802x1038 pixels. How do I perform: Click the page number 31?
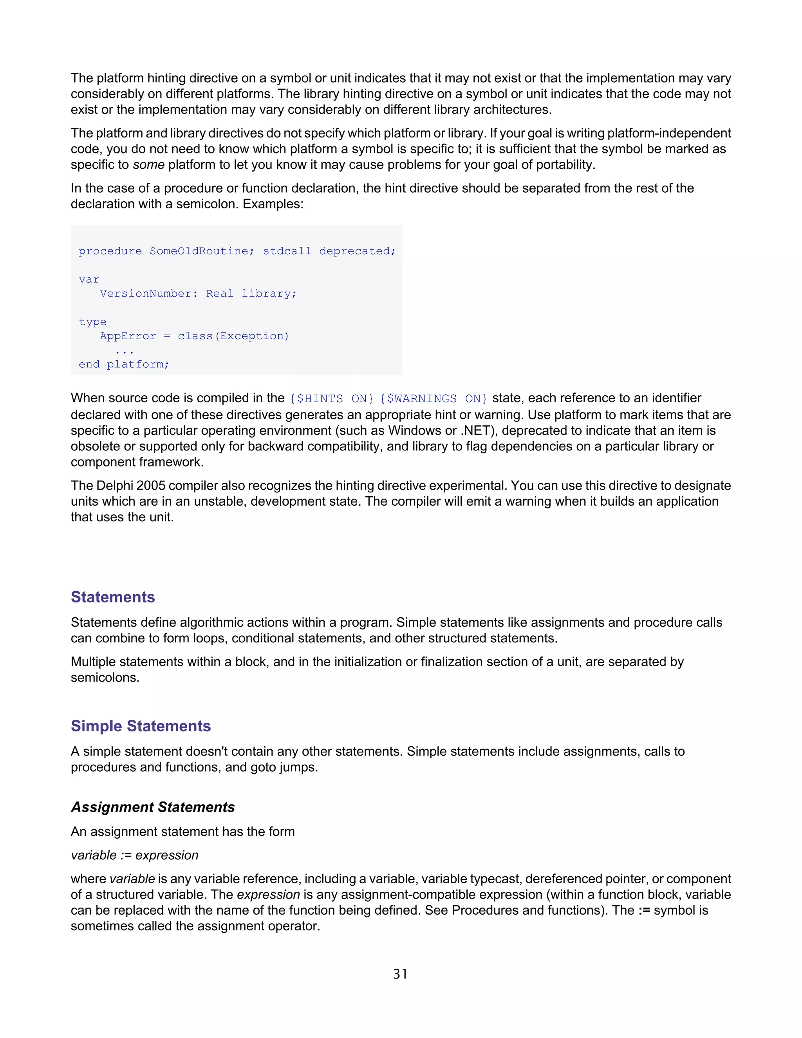coord(400,974)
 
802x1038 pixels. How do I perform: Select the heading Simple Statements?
coord(141,726)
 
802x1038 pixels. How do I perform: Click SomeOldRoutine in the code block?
coord(199,251)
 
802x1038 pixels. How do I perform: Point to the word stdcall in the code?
coord(287,251)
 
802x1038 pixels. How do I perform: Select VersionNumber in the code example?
coord(146,294)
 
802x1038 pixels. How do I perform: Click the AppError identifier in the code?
coord(128,336)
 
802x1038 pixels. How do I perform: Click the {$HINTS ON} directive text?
coord(332,399)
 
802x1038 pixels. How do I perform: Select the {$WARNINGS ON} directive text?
coord(434,399)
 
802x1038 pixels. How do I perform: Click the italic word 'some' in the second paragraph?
coord(149,165)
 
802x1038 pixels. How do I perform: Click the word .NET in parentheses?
coord(475,430)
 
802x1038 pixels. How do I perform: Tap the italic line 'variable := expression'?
coord(134,855)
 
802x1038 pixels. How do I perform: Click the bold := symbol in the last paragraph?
coord(644,910)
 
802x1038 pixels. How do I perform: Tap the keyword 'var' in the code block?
coord(89,279)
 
